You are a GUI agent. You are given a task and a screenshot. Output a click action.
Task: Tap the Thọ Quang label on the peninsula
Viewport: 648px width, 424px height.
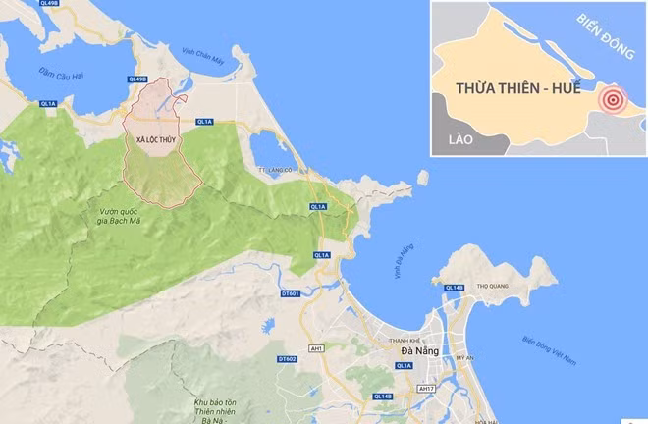click(x=489, y=288)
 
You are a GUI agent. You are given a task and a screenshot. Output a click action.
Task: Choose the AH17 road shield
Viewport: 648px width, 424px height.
click(x=424, y=389)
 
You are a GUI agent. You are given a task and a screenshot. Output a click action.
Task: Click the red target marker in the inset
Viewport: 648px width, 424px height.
click(x=614, y=98)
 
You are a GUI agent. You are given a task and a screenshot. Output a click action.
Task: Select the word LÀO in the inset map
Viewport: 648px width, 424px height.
click(x=459, y=139)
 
